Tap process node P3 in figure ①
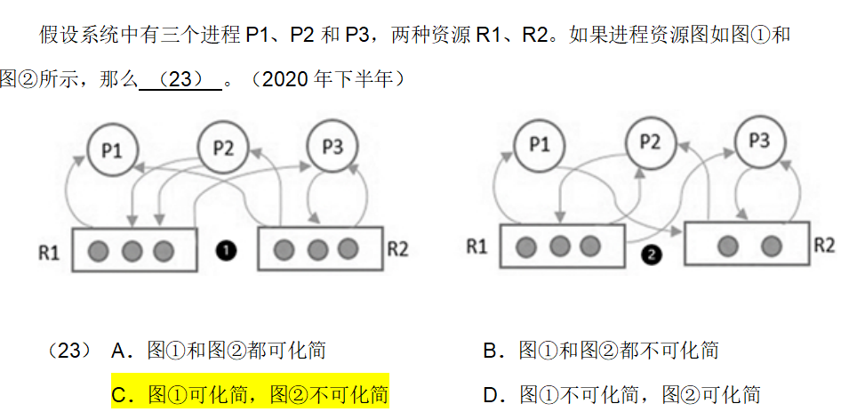tap(332, 147)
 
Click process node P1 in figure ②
tap(540, 144)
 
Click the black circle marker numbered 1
tap(226, 251)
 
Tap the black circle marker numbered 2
tap(652, 255)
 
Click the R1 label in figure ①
tap(49, 252)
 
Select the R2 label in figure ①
tap(397, 248)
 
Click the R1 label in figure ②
tap(477, 246)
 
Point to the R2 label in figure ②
tap(824, 245)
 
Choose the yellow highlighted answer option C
tap(250, 394)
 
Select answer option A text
tap(219, 351)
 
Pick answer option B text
tap(601, 351)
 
